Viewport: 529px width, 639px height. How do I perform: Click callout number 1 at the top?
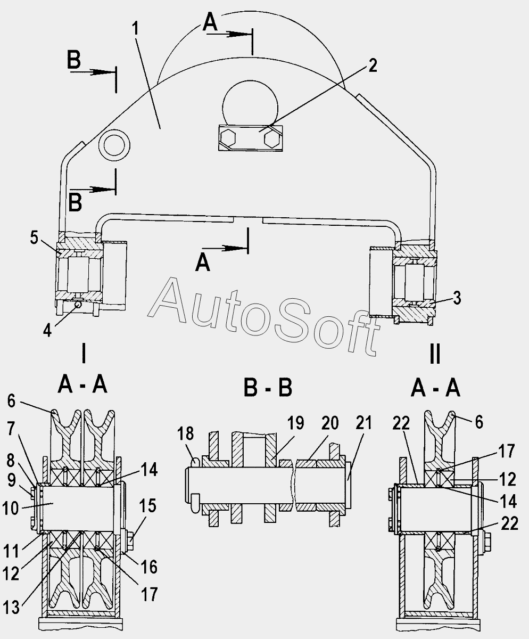pos(137,28)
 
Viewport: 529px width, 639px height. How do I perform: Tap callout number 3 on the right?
pos(457,298)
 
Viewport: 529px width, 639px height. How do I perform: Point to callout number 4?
pos(48,330)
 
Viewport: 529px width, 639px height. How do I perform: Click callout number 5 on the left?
pos(35,238)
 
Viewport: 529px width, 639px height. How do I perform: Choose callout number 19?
pos(296,423)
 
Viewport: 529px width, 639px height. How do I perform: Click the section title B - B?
pos(268,388)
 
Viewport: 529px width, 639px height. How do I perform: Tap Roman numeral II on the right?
pos(435,353)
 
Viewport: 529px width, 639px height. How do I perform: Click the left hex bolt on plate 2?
pos(229,138)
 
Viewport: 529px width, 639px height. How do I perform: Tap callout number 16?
pos(150,567)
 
